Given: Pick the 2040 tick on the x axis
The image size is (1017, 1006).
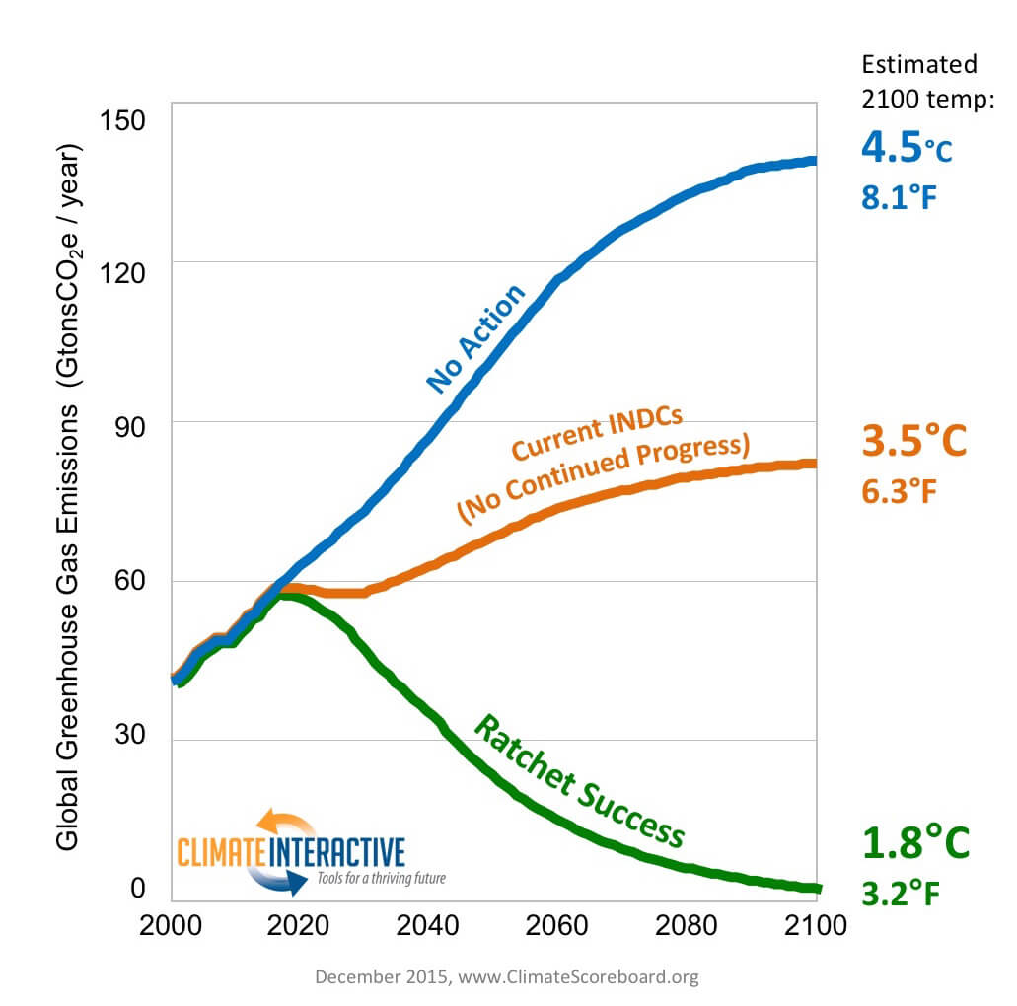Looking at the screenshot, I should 429,926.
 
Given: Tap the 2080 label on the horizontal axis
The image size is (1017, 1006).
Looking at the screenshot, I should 687,926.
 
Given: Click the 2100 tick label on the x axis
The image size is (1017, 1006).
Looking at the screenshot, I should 815,926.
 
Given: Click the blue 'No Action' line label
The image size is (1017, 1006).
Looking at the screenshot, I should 475,338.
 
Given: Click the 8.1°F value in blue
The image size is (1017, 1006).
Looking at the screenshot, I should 898,197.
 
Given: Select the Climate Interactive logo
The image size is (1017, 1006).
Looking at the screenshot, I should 291,851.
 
